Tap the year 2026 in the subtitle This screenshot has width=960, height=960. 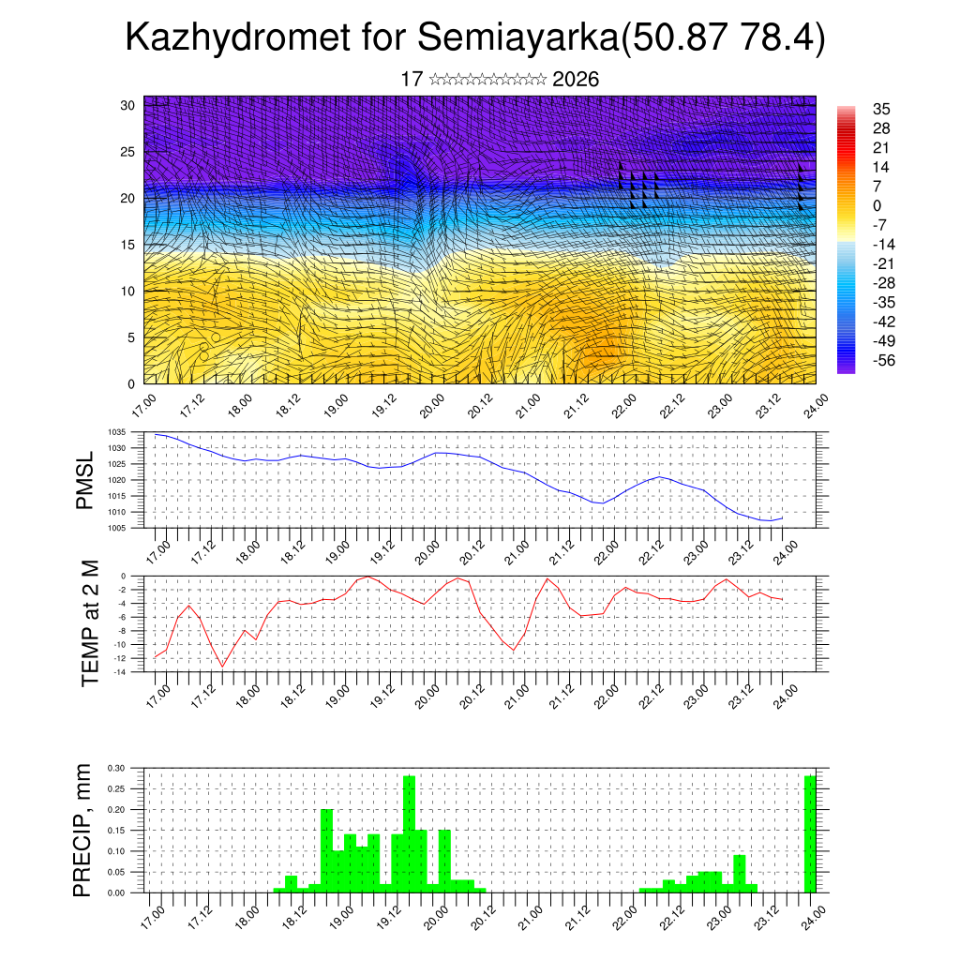point(576,80)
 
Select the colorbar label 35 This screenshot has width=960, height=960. point(880,109)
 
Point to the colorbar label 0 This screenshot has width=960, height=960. point(877,205)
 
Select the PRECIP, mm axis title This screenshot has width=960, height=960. point(84,831)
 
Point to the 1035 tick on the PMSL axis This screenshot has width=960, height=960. point(116,432)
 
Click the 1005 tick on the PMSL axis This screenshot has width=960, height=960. point(116,528)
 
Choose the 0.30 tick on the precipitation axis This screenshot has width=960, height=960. point(115,767)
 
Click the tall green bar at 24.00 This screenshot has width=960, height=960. point(810,834)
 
